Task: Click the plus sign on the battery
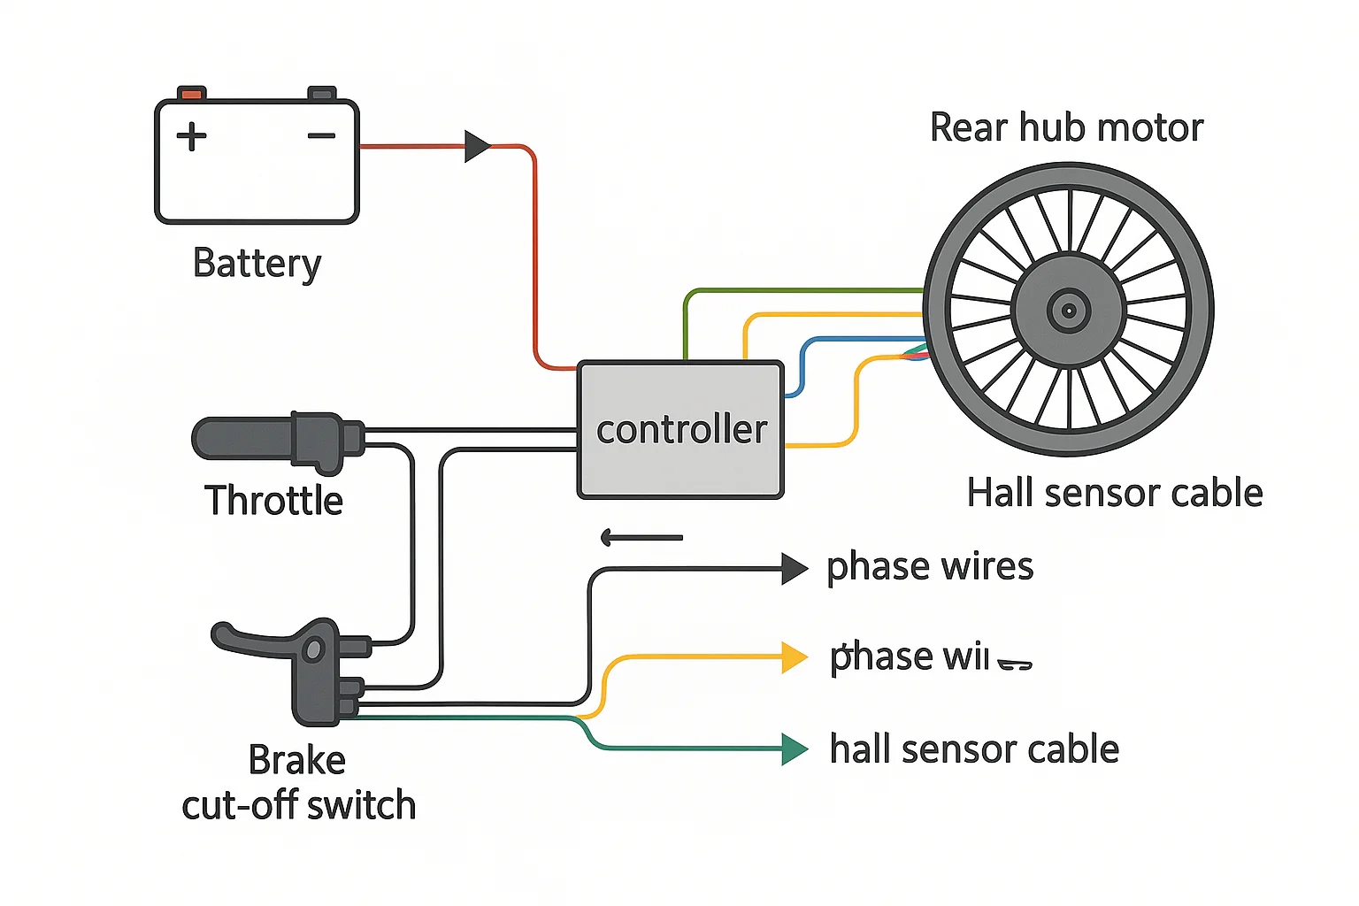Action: point(191,136)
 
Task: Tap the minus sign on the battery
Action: point(321,135)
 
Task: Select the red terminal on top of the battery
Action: point(191,93)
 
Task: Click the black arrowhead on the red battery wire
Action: point(477,146)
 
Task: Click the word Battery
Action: point(257,264)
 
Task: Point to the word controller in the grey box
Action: point(681,430)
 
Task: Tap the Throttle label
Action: point(273,501)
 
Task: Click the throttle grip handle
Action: point(243,438)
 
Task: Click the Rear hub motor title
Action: point(1066,128)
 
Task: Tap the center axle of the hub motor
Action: point(1069,310)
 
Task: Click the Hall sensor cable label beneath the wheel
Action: point(1115,493)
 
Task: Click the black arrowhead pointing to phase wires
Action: point(794,569)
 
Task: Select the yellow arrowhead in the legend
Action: point(794,657)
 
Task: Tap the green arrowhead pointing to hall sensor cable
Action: point(794,749)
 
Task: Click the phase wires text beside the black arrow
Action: point(929,567)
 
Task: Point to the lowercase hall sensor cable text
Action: point(974,749)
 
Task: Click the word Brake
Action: point(296,760)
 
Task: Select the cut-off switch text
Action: point(299,806)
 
